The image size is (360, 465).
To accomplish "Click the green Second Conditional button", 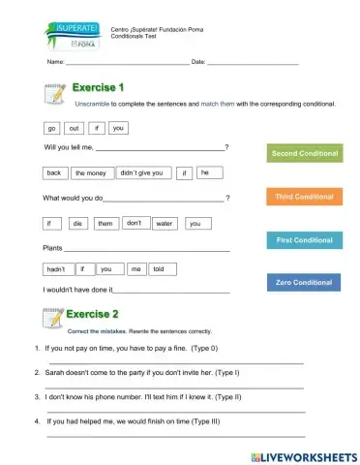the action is (305, 153).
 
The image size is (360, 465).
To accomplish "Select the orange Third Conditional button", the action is (304, 197).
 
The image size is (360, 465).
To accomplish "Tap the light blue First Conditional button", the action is (304, 239).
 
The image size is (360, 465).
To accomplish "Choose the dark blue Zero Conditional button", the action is (304, 282).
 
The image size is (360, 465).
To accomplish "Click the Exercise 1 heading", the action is (94, 88).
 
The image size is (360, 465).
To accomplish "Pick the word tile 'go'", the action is (51, 128).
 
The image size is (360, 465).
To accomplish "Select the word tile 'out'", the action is (75, 128).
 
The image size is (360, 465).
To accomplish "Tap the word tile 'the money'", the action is (90, 173).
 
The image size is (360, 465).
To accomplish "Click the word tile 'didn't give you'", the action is (140, 173).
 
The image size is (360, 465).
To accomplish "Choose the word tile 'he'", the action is (205, 172).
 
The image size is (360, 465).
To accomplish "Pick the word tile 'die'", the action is (77, 224).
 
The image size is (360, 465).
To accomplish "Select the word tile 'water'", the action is (164, 224).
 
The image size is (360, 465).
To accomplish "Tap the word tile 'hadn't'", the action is (56, 269).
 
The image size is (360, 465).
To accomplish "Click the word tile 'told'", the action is (162, 269).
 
